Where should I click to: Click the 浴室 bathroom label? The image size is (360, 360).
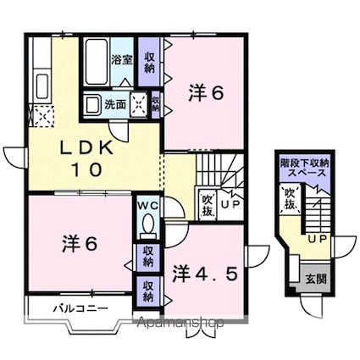tap(122, 60)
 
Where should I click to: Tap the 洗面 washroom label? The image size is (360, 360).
tap(115, 104)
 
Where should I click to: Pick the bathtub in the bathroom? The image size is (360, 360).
tap(96, 61)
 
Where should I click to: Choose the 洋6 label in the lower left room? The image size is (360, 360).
tap(80, 243)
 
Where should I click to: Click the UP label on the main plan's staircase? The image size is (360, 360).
tap(230, 203)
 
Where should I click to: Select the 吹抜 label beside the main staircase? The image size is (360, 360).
tap(207, 203)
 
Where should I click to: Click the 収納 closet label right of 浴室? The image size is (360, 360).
tap(149, 61)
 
